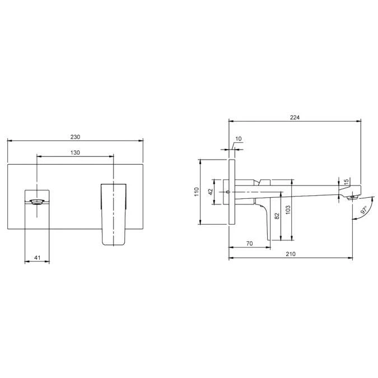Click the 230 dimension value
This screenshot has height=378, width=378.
(75, 137)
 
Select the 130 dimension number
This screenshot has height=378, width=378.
(75, 152)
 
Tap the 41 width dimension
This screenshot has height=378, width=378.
(37, 258)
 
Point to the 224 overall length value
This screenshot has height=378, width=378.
(295, 118)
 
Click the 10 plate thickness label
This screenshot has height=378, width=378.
(238, 139)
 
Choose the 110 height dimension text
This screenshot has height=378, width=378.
(197, 192)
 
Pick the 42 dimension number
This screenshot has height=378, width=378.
(211, 192)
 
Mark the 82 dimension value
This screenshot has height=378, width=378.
(277, 216)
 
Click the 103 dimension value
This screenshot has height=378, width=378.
(288, 210)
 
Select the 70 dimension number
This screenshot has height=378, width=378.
(250, 244)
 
